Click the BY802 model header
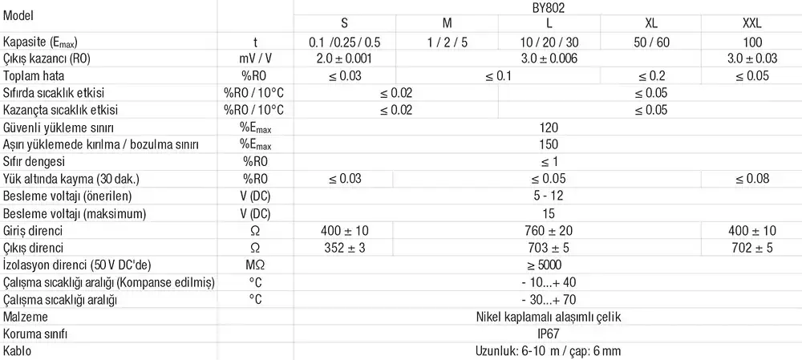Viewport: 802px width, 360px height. [x=548, y=6]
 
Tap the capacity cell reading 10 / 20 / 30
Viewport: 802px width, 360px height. [x=548, y=41]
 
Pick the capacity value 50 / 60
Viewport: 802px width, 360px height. [x=650, y=41]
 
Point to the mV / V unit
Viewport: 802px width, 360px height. [x=255, y=58]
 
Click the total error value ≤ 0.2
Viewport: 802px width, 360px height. [x=650, y=75]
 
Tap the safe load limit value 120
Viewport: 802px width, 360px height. [x=548, y=127]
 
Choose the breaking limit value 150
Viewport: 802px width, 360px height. [x=548, y=144]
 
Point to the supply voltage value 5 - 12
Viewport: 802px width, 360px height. [x=548, y=196]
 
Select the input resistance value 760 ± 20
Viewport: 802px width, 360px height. [x=548, y=231]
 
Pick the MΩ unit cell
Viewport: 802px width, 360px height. [x=255, y=265]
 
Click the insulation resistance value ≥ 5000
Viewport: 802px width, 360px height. [x=548, y=265]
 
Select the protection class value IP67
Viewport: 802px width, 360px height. [x=548, y=334]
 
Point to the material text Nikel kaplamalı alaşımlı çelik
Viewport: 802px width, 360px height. [x=548, y=317]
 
